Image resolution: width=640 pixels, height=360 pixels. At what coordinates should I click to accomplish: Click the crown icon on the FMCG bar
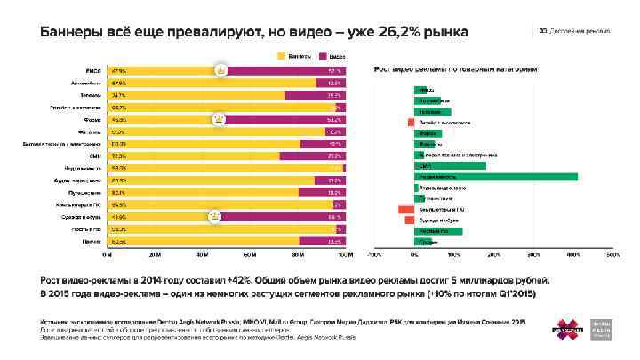click(220, 70)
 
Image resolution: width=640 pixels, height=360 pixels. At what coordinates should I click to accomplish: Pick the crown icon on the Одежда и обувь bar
click(213, 216)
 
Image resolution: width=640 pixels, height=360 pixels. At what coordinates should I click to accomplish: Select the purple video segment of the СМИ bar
click(312, 156)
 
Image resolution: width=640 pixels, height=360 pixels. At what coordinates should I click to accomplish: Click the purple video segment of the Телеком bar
click(315, 94)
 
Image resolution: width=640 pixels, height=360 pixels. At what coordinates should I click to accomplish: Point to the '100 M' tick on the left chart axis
click(346, 252)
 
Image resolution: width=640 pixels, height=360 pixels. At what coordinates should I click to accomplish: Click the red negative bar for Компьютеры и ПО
click(405, 209)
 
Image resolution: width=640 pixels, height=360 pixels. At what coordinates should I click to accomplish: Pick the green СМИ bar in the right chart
click(450, 165)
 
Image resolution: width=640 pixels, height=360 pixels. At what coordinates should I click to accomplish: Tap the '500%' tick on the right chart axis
click(612, 252)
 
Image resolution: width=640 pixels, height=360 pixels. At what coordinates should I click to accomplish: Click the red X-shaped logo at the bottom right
click(568, 328)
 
